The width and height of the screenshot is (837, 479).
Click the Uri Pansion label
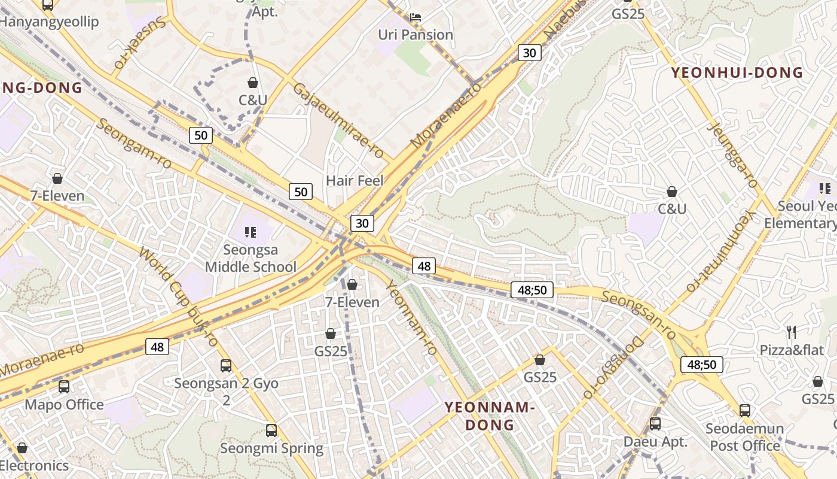tap(416, 35)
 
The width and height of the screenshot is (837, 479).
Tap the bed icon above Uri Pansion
tap(416, 17)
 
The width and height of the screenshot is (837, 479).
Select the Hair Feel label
tap(355, 180)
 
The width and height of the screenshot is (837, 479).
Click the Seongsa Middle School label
tap(251, 258)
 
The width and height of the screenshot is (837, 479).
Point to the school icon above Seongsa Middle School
tap(251, 232)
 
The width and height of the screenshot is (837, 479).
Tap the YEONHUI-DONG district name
tap(737, 73)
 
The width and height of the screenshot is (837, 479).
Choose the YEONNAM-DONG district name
tap(488, 416)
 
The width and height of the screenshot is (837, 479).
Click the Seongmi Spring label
tap(271, 448)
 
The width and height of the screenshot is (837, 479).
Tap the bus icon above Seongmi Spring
tap(271, 430)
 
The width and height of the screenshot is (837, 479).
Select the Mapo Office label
tap(64, 405)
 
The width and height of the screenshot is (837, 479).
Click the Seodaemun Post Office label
tap(745, 437)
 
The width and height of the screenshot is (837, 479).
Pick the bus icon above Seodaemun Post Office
tap(745, 410)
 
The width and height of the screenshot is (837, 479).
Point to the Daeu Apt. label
tap(655, 442)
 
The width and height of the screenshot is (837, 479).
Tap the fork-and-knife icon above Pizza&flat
tap(792, 332)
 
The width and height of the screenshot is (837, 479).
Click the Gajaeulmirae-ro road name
tap(338, 120)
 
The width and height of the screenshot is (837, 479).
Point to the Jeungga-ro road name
tap(732, 154)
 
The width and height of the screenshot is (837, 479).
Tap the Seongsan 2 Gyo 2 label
tap(226, 391)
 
